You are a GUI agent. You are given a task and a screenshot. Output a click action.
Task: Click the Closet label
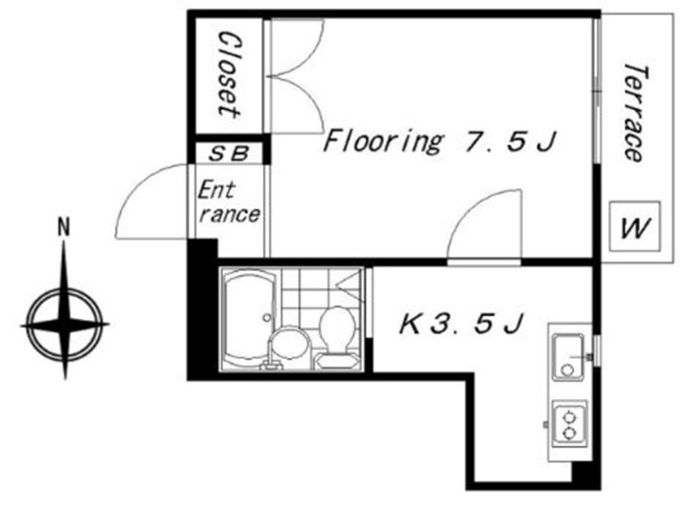coord(229,75)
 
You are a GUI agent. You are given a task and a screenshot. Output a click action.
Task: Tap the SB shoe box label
coord(229,153)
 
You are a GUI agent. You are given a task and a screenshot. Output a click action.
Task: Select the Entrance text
coord(228,202)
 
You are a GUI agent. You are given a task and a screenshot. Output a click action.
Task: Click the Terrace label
coord(636,113)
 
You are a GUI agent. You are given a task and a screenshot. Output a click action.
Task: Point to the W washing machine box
coord(635,226)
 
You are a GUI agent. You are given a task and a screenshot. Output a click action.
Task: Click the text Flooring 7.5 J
coord(439,141)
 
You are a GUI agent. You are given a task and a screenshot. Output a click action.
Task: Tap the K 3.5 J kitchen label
coord(461,323)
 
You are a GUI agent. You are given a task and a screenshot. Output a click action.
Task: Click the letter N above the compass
coord(65,228)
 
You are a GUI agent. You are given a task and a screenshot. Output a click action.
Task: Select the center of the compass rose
coord(65,325)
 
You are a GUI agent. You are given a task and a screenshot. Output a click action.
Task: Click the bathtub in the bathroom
coord(249,319)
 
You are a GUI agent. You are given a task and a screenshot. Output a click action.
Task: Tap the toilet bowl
coord(337,328)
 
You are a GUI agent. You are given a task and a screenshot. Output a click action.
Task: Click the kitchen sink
coord(568,357)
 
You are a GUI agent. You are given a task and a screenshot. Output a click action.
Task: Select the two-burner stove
coord(569,424)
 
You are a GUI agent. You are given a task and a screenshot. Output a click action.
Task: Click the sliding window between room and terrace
coord(597,91)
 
